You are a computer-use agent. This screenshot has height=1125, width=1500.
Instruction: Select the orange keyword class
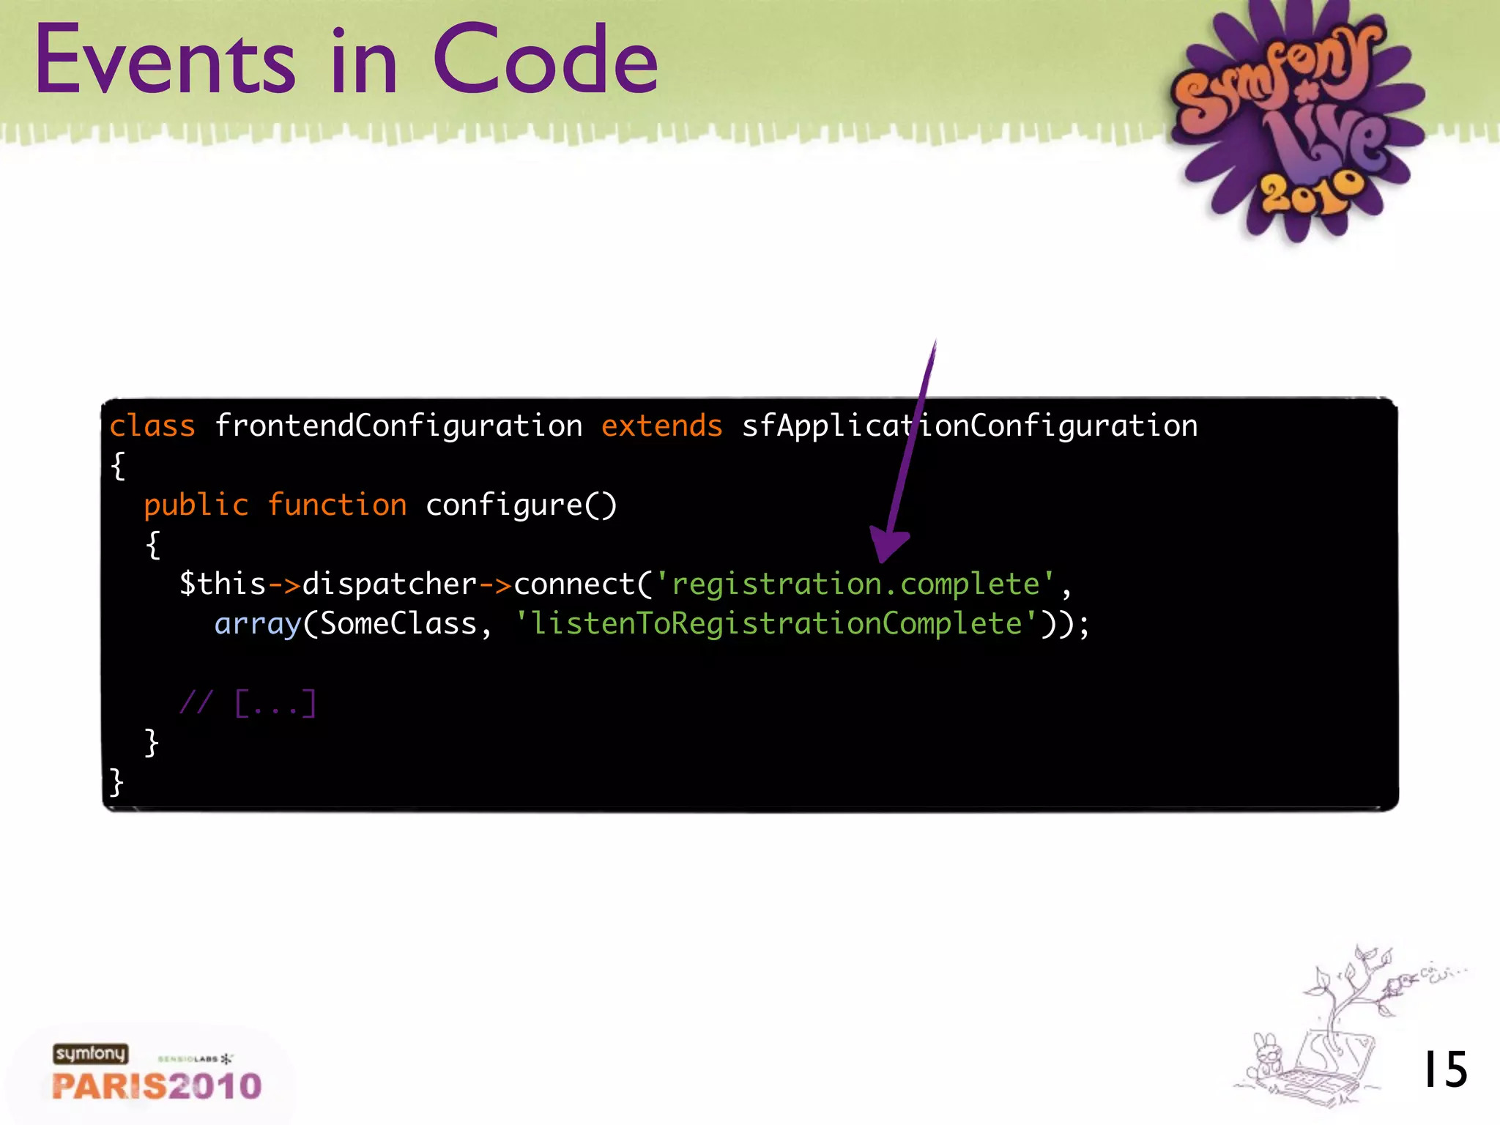click(x=152, y=426)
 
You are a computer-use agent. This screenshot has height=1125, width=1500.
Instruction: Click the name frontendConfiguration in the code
click(x=398, y=426)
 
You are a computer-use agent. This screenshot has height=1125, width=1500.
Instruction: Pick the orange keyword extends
click(x=661, y=426)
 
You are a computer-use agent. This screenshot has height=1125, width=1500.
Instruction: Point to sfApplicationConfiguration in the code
click(x=970, y=426)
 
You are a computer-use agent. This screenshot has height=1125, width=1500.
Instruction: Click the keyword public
click(x=196, y=505)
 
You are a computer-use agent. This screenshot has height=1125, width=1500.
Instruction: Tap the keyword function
click(x=337, y=505)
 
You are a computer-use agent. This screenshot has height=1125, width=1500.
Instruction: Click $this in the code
click(x=223, y=584)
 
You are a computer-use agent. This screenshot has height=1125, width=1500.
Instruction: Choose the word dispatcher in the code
click(x=390, y=584)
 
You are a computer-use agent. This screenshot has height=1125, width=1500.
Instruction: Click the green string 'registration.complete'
click(x=855, y=584)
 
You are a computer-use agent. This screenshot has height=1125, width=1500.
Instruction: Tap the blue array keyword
click(x=258, y=624)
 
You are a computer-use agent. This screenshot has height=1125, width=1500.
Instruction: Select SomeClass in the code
click(x=398, y=624)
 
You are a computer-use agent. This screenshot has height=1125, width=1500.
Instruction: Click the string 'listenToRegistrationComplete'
click(x=776, y=624)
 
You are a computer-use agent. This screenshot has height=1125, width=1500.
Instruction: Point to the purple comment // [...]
click(x=248, y=703)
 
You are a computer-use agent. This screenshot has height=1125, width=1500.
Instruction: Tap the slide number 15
click(x=1445, y=1069)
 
